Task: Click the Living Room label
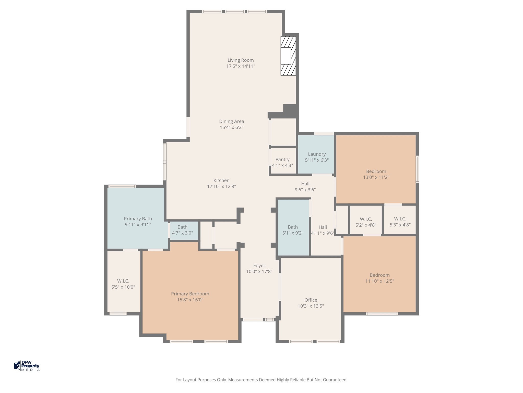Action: pyautogui.click(x=241, y=60)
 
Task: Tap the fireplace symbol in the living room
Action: pyautogui.click(x=288, y=56)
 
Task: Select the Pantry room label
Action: pyautogui.click(x=282, y=159)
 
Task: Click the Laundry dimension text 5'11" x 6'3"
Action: pyautogui.click(x=317, y=160)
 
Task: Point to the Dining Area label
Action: pyautogui.click(x=232, y=121)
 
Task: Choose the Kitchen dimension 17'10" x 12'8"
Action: pyautogui.click(x=221, y=187)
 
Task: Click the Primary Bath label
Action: pyautogui.click(x=138, y=219)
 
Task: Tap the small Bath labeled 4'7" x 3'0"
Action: pyautogui.click(x=182, y=230)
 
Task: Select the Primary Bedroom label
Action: pyautogui.click(x=190, y=294)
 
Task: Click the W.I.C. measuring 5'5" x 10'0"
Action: pyautogui.click(x=123, y=284)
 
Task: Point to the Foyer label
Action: pyautogui.click(x=259, y=266)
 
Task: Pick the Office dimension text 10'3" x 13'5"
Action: pyautogui.click(x=311, y=306)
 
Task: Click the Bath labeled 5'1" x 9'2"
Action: pyautogui.click(x=293, y=230)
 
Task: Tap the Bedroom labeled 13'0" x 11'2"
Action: pyautogui.click(x=376, y=174)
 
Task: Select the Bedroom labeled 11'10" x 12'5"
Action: pyautogui.click(x=380, y=278)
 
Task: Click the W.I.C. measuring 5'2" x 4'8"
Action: pyautogui.click(x=366, y=222)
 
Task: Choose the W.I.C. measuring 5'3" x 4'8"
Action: pyautogui.click(x=400, y=222)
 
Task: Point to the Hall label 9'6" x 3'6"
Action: pyautogui.click(x=305, y=187)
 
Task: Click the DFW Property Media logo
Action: pyautogui.click(x=27, y=366)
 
